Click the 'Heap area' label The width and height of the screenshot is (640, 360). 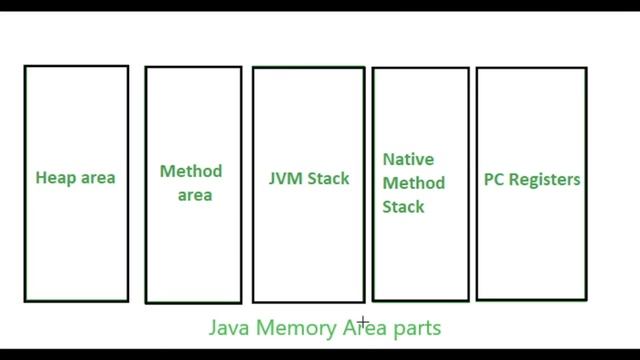click(x=76, y=179)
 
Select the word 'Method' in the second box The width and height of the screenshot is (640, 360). click(x=191, y=172)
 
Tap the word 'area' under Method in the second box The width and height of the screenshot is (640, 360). click(x=195, y=195)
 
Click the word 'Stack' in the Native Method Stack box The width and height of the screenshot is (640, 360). click(x=403, y=208)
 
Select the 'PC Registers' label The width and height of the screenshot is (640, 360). click(x=532, y=180)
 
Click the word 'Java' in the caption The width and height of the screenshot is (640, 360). click(x=229, y=327)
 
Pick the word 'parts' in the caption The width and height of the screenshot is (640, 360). click(x=417, y=327)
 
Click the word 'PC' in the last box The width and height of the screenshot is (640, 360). click(x=493, y=180)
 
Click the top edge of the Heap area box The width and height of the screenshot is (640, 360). click(x=76, y=66)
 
